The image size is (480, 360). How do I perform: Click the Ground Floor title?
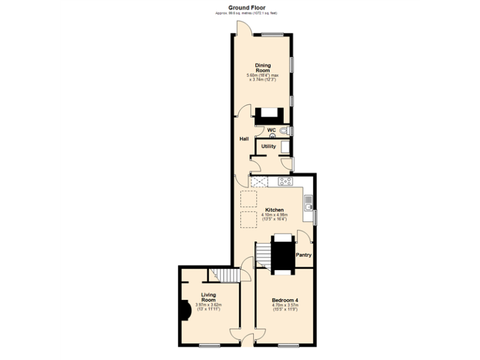click(x=246, y=7)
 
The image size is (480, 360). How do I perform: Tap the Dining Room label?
click(x=263, y=67)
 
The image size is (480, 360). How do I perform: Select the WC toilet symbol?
click(x=284, y=131)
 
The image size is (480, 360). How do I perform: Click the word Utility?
click(x=268, y=146)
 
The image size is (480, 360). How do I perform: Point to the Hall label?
click(x=244, y=139)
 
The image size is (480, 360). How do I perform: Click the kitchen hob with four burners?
click(x=285, y=182)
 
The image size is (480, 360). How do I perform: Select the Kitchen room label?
click(x=274, y=210)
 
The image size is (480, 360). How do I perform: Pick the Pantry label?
click(x=304, y=255)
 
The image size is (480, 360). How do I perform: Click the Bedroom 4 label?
click(x=284, y=301)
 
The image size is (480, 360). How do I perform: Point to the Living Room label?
click(x=208, y=296)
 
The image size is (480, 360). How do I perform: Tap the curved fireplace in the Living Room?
click(x=185, y=309)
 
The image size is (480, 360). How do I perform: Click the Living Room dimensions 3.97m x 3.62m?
click(x=208, y=306)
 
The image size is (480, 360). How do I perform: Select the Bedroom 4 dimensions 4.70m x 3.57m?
click(x=284, y=307)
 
